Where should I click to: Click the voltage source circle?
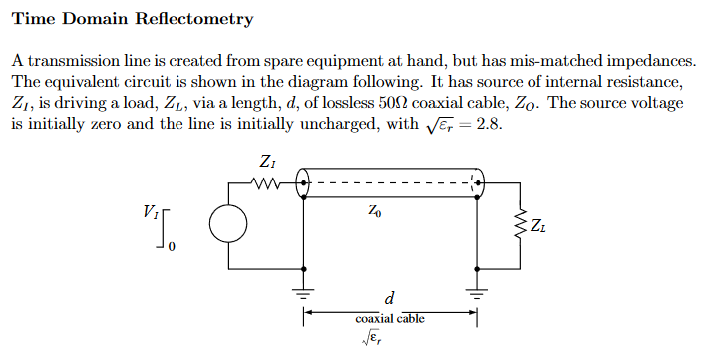click(229, 225)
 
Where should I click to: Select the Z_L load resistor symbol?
click(518, 227)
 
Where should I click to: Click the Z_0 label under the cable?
click(374, 210)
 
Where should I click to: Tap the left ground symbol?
click(304, 293)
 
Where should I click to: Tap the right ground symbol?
click(478, 293)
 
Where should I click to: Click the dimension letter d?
click(390, 297)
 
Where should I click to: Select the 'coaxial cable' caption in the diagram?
click(390, 319)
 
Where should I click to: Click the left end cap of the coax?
click(303, 183)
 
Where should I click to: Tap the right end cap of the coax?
click(478, 183)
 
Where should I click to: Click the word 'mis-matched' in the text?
click(597, 61)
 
